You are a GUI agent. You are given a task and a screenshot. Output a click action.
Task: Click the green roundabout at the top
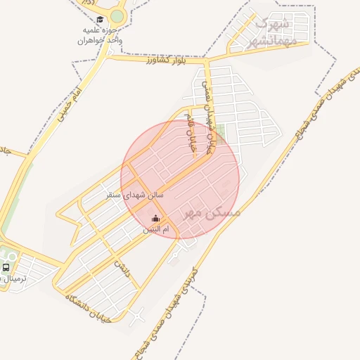point(117,15)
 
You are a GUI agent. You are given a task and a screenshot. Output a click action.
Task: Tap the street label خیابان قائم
point(188,130)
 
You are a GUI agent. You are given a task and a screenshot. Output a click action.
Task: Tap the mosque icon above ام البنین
point(155,218)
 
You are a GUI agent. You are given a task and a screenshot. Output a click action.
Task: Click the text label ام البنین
point(156,229)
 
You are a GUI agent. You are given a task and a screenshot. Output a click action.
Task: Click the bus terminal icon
point(6,267)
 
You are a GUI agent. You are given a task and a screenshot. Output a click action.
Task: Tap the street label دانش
point(122,268)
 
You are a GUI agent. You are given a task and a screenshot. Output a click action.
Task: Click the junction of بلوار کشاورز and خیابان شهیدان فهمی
point(205,62)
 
